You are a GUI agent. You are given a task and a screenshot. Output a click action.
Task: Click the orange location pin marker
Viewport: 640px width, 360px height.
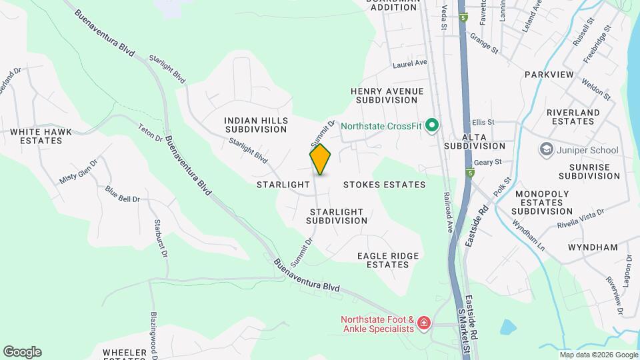click(x=320, y=159)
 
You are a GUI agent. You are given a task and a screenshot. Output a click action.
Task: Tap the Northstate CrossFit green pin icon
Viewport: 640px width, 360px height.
click(x=432, y=125)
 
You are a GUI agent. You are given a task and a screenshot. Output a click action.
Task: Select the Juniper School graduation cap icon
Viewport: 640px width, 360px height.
click(x=547, y=149)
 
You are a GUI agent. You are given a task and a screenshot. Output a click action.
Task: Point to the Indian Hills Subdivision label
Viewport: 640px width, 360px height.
click(x=256, y=125)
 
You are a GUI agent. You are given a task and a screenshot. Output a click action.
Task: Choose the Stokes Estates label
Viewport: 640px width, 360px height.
click(x=384, y=184)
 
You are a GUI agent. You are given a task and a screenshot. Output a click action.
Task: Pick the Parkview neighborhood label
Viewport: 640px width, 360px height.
click(x=548, y=75)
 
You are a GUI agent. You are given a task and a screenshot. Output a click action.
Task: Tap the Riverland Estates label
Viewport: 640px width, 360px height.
click(x=573, y=117)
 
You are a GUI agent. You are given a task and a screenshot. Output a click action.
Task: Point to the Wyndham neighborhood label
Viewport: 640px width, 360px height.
click(x=593, y=247)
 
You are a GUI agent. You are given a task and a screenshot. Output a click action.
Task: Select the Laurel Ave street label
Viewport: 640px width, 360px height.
click(x=409, y=63)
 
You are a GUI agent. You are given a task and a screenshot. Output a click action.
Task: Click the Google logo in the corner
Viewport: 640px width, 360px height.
click(x=22, y=352)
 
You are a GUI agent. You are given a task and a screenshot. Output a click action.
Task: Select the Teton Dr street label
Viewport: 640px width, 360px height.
click(x=150, y=132)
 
